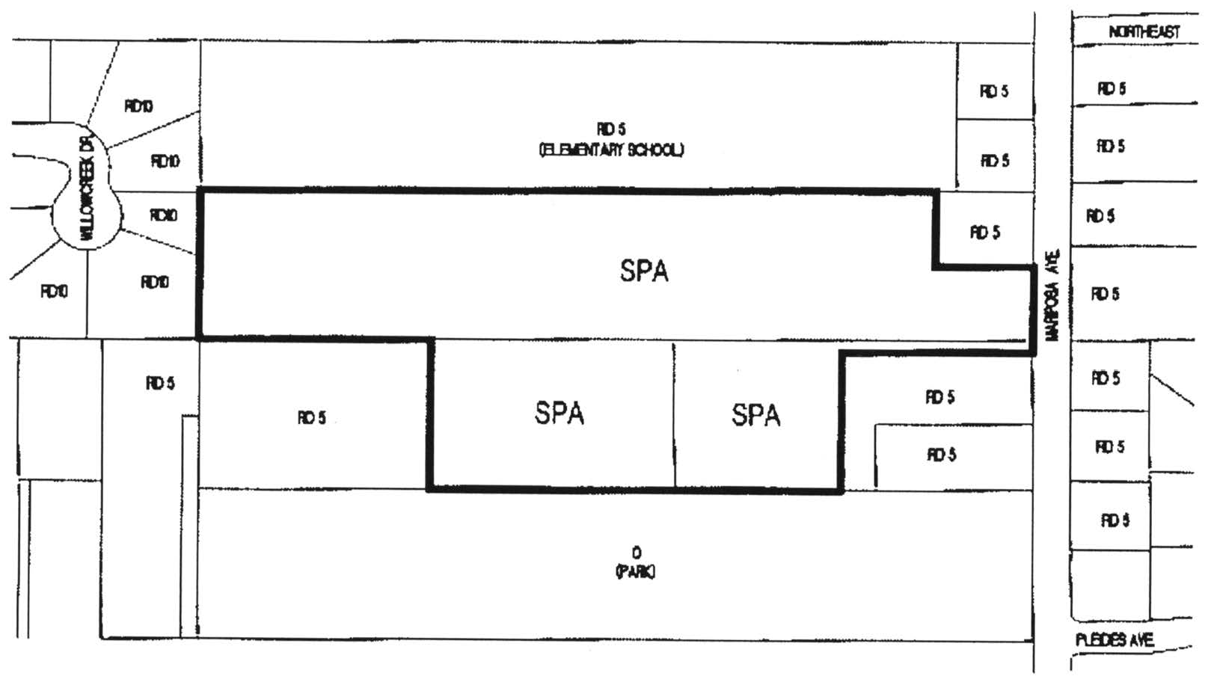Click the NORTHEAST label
click(x=1144, y=31)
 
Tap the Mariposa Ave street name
click(x=1052, y=295)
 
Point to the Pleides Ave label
click(x=1114, y=639)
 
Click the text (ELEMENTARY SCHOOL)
click(x=611, y=150)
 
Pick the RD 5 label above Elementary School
click(x=611, y=129)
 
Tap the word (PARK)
click(x=636, y=572)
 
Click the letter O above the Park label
click(x=637, y=553)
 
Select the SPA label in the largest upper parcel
click(x=644, y=271)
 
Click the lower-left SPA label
click(x=559, y=413)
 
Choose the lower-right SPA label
click(x=755, y=415)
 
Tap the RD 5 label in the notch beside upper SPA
click(x=984, y=232)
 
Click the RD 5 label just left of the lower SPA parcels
click(x=311, y=417)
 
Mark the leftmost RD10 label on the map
click(x=54, y=290)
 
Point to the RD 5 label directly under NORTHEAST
click(x=1112, y=88)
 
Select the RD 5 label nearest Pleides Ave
click(x=1115, y=520)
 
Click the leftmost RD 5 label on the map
click(x=160, y=383)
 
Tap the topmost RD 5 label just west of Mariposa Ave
click(x=994, y=91)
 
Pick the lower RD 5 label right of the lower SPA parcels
click(x=941, y=454)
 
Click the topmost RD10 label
click(x=138, y=106)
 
